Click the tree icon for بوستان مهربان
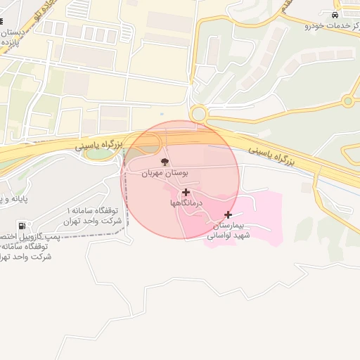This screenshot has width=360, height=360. point(165,162)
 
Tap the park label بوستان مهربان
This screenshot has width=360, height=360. point(165,173)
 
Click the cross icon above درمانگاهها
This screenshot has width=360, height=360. point(186,192)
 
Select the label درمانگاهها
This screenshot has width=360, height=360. point(186,203)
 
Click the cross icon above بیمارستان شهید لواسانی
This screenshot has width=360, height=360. point(228,214)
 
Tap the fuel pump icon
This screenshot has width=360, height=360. point(22,226)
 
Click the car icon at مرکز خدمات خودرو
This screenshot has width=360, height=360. point(334,15)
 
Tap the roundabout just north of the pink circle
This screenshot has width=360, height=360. point(198,113)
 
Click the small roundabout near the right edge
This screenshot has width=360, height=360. point(347,101)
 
